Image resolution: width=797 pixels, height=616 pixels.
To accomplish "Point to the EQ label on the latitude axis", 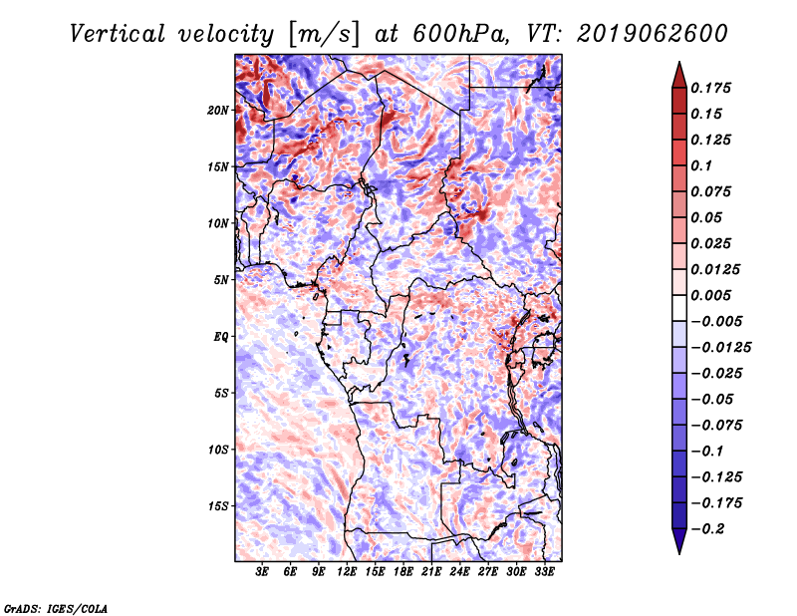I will tap(222, 337).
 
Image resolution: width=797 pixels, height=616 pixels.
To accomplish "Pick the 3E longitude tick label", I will tap(263, 573).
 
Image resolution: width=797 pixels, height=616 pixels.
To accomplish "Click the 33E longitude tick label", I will tap(544, 573).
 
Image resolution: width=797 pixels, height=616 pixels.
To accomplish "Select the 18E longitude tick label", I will tap(403, 573).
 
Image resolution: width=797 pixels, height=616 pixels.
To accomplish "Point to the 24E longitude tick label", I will tap(459, 573).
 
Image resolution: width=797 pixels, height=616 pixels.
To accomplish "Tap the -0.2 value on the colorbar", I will tap(708, 529).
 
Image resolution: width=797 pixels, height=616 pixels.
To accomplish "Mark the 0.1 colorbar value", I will tap(703, 165).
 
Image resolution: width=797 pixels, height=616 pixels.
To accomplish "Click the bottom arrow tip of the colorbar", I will tap(677, 551).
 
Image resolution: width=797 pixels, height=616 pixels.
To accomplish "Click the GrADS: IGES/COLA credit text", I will tap(55, 607).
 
